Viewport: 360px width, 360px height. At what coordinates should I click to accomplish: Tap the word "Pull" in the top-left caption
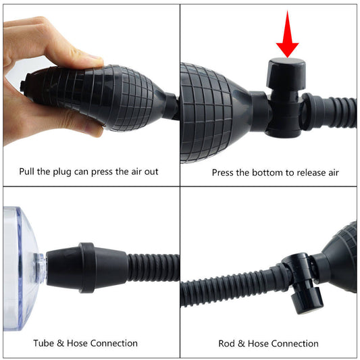tap(29, 172)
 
